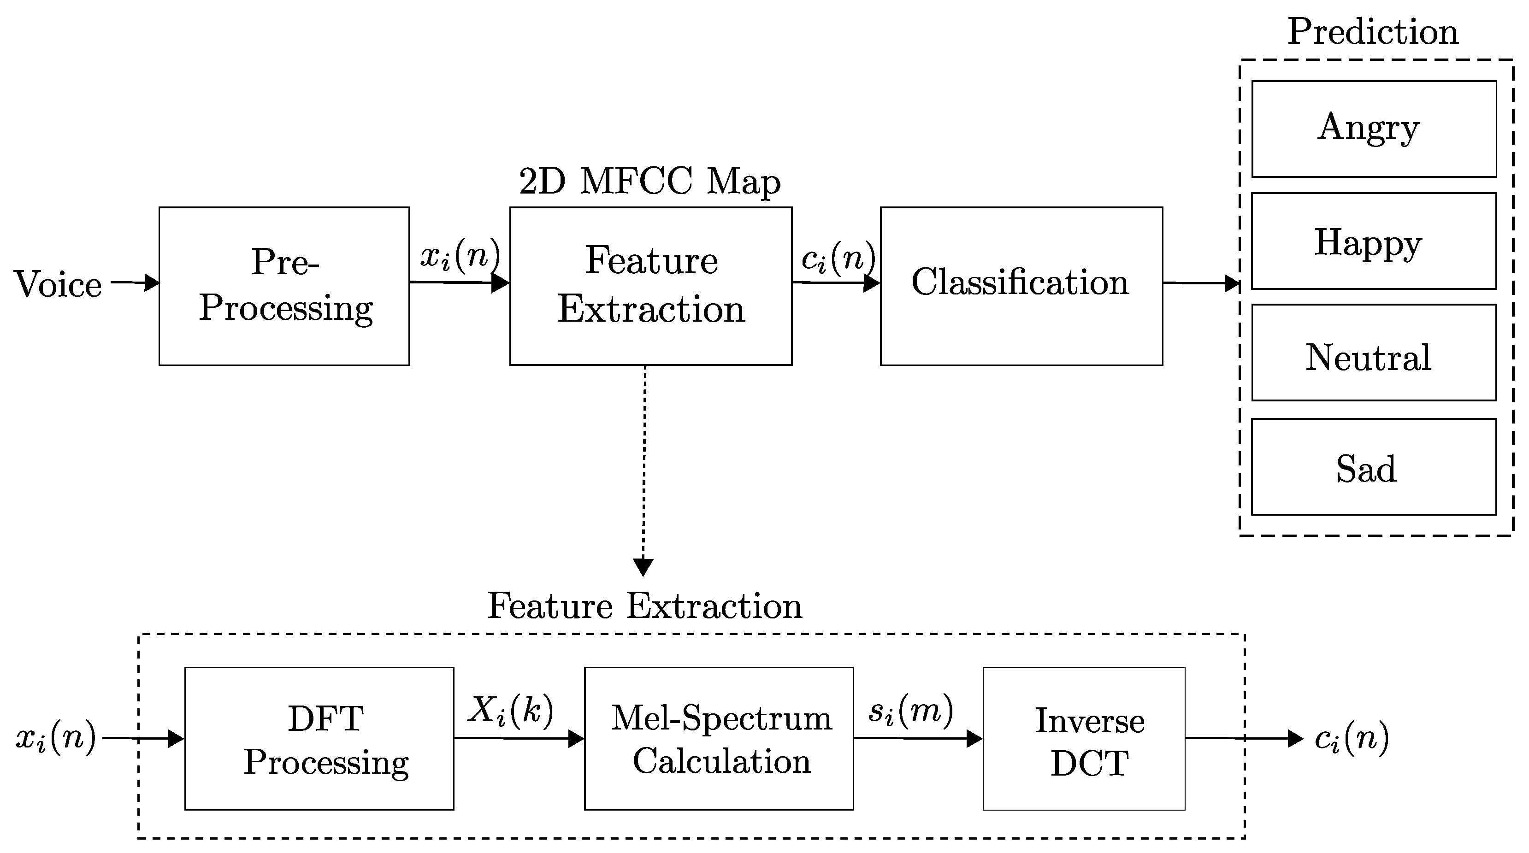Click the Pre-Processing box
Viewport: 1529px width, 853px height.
point(284,286)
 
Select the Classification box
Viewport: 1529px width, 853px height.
point(1021,286)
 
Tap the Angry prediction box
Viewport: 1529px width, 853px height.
point(1374,129)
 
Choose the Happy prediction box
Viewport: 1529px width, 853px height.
point(1374,241)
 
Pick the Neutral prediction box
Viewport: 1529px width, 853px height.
point(1374,353)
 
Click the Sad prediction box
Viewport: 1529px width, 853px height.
point(1374,466)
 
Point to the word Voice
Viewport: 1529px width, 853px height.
point(58,284)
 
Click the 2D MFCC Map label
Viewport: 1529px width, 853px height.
point(649,181)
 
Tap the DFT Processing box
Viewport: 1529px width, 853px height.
point(319,738)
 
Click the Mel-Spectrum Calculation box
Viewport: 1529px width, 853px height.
point(719,738)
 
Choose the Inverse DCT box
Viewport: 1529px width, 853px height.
point(1084,738)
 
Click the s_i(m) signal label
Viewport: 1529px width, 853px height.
point(910,711)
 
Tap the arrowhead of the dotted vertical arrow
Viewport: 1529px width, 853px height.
point(643,567)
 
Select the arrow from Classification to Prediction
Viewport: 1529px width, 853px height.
point(1200,283)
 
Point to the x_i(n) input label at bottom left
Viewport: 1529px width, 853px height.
point(56,738)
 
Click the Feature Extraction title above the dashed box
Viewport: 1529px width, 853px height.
point(644,606)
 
